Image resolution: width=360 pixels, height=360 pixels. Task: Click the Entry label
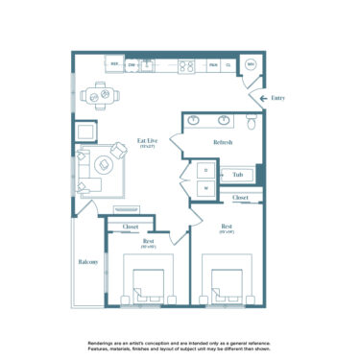(x=278, y=97)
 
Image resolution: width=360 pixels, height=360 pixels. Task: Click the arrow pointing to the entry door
(x=258, y=97)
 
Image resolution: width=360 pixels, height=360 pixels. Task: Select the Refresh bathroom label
(x=212, y=141)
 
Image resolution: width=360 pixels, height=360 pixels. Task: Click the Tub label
(x=236, y=175)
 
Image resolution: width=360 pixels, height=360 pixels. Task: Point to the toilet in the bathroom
(x=250, y=122)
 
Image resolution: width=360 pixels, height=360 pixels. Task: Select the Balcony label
(x=88, y=261)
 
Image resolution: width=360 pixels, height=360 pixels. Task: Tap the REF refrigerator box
(x=114, y=64)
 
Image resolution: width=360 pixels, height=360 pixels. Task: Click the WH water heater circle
(x=251, y=64)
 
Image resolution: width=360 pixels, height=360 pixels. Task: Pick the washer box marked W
(x=205, y=188)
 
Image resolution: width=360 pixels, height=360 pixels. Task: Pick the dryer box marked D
(x=205, y=170)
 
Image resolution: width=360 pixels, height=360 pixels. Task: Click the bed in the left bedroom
(x=147, y=283)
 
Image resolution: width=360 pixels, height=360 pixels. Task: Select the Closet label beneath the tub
(x=241, y=198)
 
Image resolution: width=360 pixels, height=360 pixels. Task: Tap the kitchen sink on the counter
(x=147, y=65)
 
